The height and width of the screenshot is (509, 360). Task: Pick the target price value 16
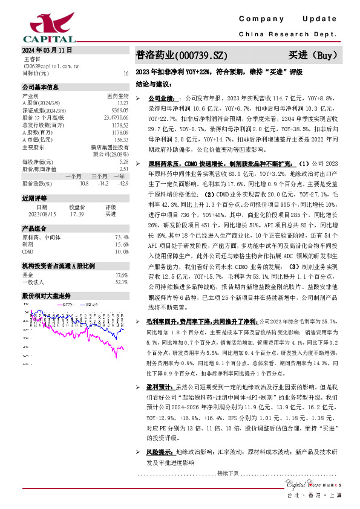[126, 73]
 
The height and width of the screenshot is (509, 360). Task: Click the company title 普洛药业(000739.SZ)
[182, 55]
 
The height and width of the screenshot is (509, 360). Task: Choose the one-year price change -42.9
[123, 183]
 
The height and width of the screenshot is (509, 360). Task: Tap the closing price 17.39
[77, 213]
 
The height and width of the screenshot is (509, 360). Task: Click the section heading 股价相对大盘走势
[47, 296]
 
